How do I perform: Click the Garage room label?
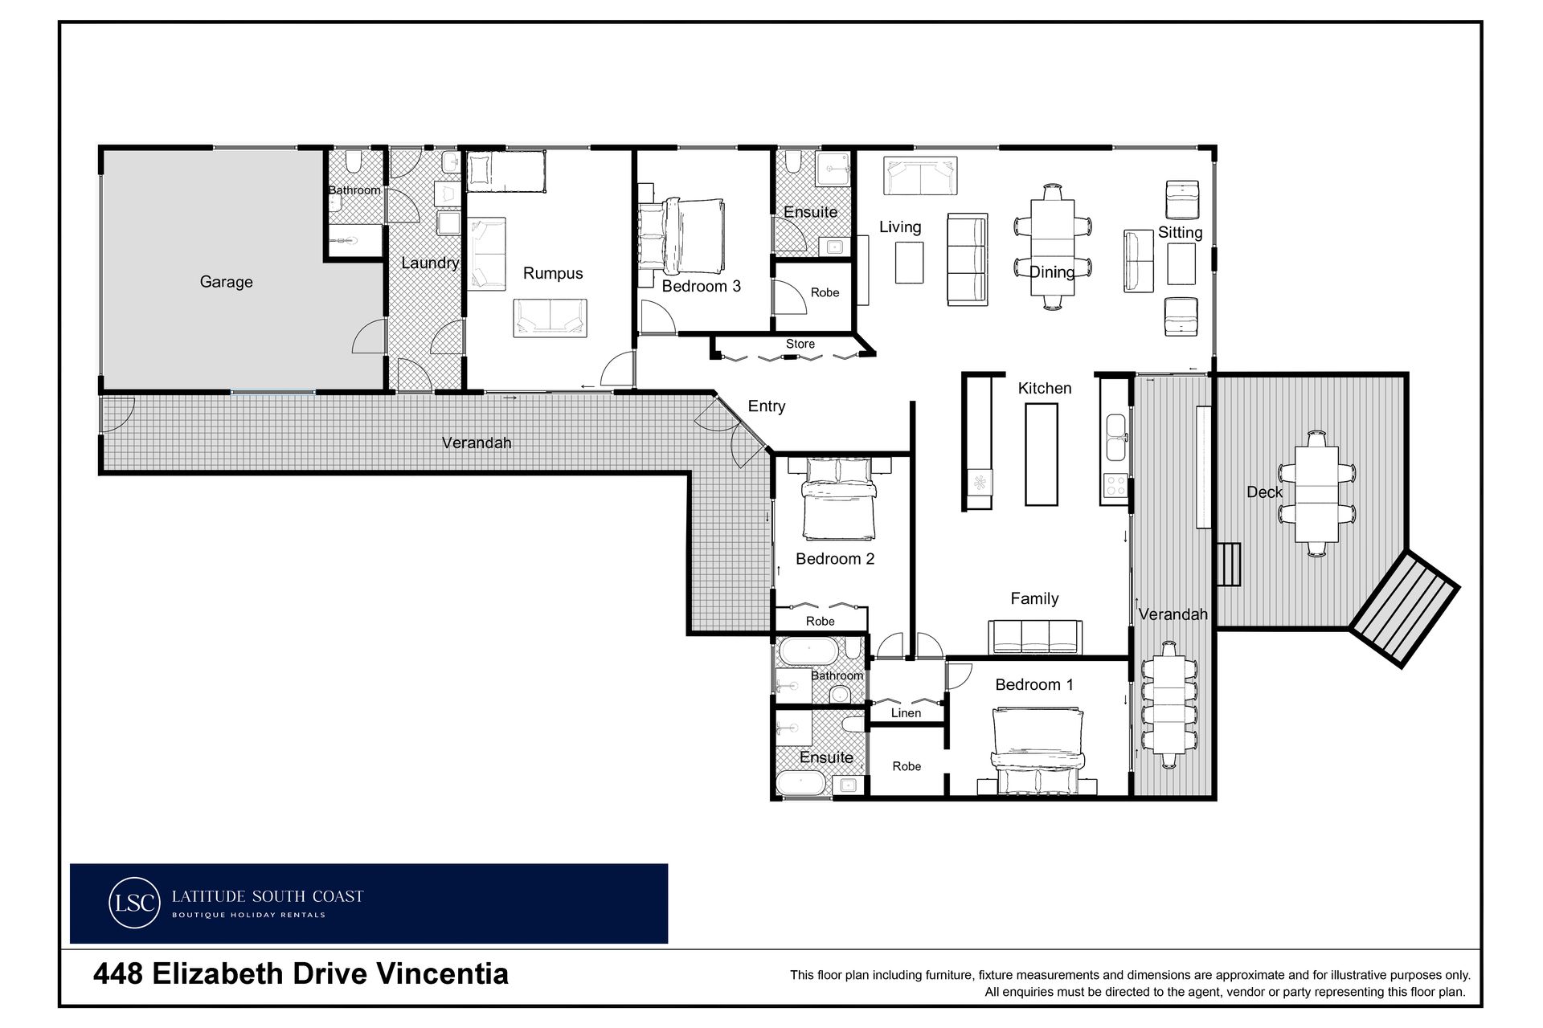click(226, 282)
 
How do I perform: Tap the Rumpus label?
click(553, 274)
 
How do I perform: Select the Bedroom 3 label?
click(701, 286)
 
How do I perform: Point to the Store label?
click(800, 344)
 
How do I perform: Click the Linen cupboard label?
click(906, 712)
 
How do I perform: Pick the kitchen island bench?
click(1042, 454)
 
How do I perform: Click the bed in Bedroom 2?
click(839, 499)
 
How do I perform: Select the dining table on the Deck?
click(1316, 493)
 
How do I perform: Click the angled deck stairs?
click(1404, 609)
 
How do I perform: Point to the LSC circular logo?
click(133, 903)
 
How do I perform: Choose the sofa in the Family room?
click(1034, 638)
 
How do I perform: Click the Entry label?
click(767, 406)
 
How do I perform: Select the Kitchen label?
click(1045, 389)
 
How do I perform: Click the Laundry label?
click(430, 263)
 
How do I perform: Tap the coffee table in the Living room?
click(910, 263)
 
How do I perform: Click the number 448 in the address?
click(118, 974)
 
